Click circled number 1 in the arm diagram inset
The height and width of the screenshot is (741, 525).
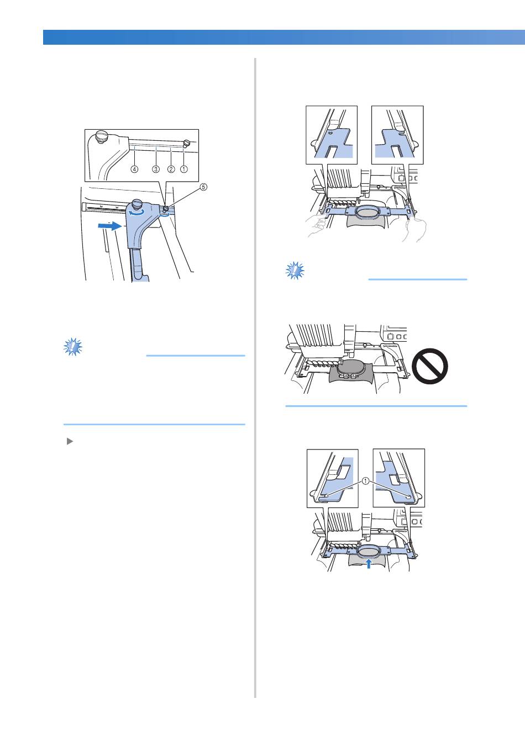[184, 170]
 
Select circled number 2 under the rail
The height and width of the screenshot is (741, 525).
[171, 170]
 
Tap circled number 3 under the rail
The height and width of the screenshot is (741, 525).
[156, 170]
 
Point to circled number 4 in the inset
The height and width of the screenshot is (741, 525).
[134, 170]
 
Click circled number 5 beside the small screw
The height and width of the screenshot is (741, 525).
[203, 187]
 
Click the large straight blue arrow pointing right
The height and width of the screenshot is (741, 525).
[109, 225]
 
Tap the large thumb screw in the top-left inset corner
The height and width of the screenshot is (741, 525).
[101, 136]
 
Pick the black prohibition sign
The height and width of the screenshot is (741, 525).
[430, 367]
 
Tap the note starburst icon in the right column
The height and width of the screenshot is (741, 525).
[295, 270]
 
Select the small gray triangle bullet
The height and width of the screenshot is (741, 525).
[70, 441]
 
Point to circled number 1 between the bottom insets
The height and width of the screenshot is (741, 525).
[365, 481]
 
